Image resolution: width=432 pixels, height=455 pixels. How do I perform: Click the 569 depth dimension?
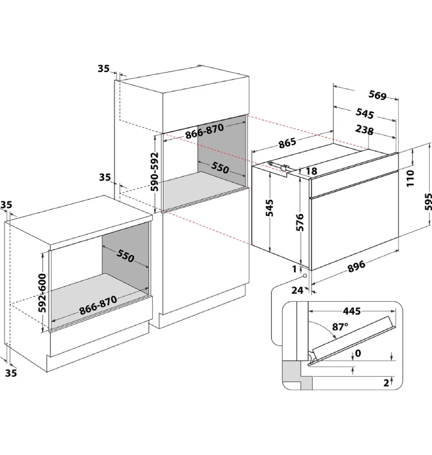click(377, 95)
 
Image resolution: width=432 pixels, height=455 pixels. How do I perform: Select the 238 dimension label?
click(364, 130)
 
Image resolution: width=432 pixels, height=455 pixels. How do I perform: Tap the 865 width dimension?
click(287, 143)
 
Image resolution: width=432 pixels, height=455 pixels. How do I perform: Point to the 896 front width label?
click(356, 267)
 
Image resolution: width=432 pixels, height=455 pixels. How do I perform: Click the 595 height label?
click(428, 202)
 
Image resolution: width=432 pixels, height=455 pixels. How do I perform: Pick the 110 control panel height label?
click(410, 178)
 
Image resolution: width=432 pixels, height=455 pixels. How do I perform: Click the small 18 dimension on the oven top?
click(311, 171)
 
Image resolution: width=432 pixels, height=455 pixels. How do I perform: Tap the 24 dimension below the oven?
click(297, 290)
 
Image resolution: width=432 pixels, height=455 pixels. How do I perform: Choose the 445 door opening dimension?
click(352, 311)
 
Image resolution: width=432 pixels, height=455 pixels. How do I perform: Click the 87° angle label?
click(340, 327)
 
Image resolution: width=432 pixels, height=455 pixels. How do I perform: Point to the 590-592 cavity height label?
click(155, 172)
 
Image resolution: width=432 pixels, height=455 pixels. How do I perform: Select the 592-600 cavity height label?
click(42, 293)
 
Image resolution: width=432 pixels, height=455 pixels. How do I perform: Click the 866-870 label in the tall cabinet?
click(205, 131)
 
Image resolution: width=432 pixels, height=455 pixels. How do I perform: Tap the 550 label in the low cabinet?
click(125, 255)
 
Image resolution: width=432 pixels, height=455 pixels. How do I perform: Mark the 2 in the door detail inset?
click(386, 383)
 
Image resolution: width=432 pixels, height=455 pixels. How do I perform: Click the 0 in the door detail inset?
click(358, 353)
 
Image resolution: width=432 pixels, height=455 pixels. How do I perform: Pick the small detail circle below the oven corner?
click(305, 275)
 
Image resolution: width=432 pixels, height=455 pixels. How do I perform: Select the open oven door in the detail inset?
click(351, 339)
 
